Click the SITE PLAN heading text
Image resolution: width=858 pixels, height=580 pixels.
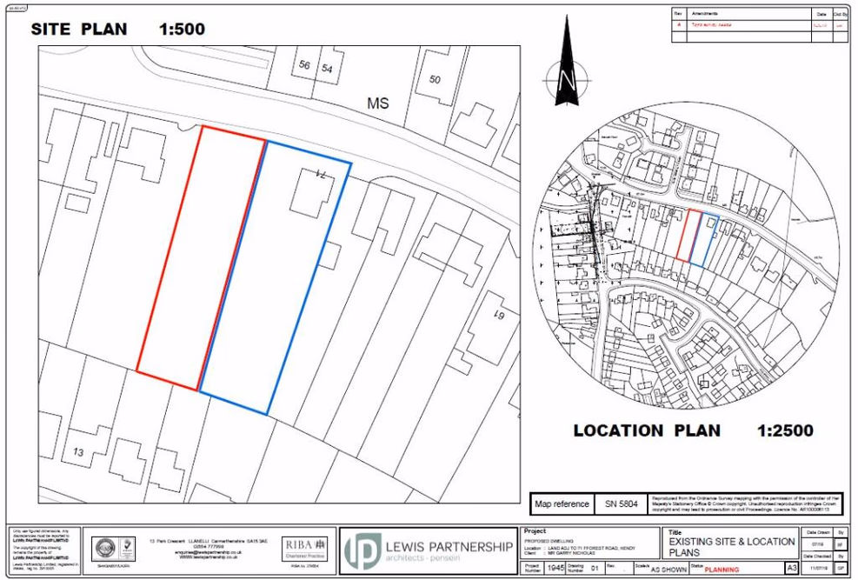click(x=79, y=29)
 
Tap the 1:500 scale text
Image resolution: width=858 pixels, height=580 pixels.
click(x=182, y=29)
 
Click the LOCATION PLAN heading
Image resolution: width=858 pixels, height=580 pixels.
click(x=646, y=430)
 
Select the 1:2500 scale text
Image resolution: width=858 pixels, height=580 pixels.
click(x=785, y=430)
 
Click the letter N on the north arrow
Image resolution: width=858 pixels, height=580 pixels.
click(x=567, y=80)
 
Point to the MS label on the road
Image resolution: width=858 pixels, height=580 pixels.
click(x=377, y=103)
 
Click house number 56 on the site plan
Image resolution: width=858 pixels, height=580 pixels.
click(x=304, y=66)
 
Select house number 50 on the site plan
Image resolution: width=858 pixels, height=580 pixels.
click(x=435, y=80)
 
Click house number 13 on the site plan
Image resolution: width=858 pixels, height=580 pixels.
click(x=78, y=452)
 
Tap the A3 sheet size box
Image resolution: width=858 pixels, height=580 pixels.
click(x=792, y=568)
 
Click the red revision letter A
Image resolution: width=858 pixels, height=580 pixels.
click(x=679, y=25)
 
